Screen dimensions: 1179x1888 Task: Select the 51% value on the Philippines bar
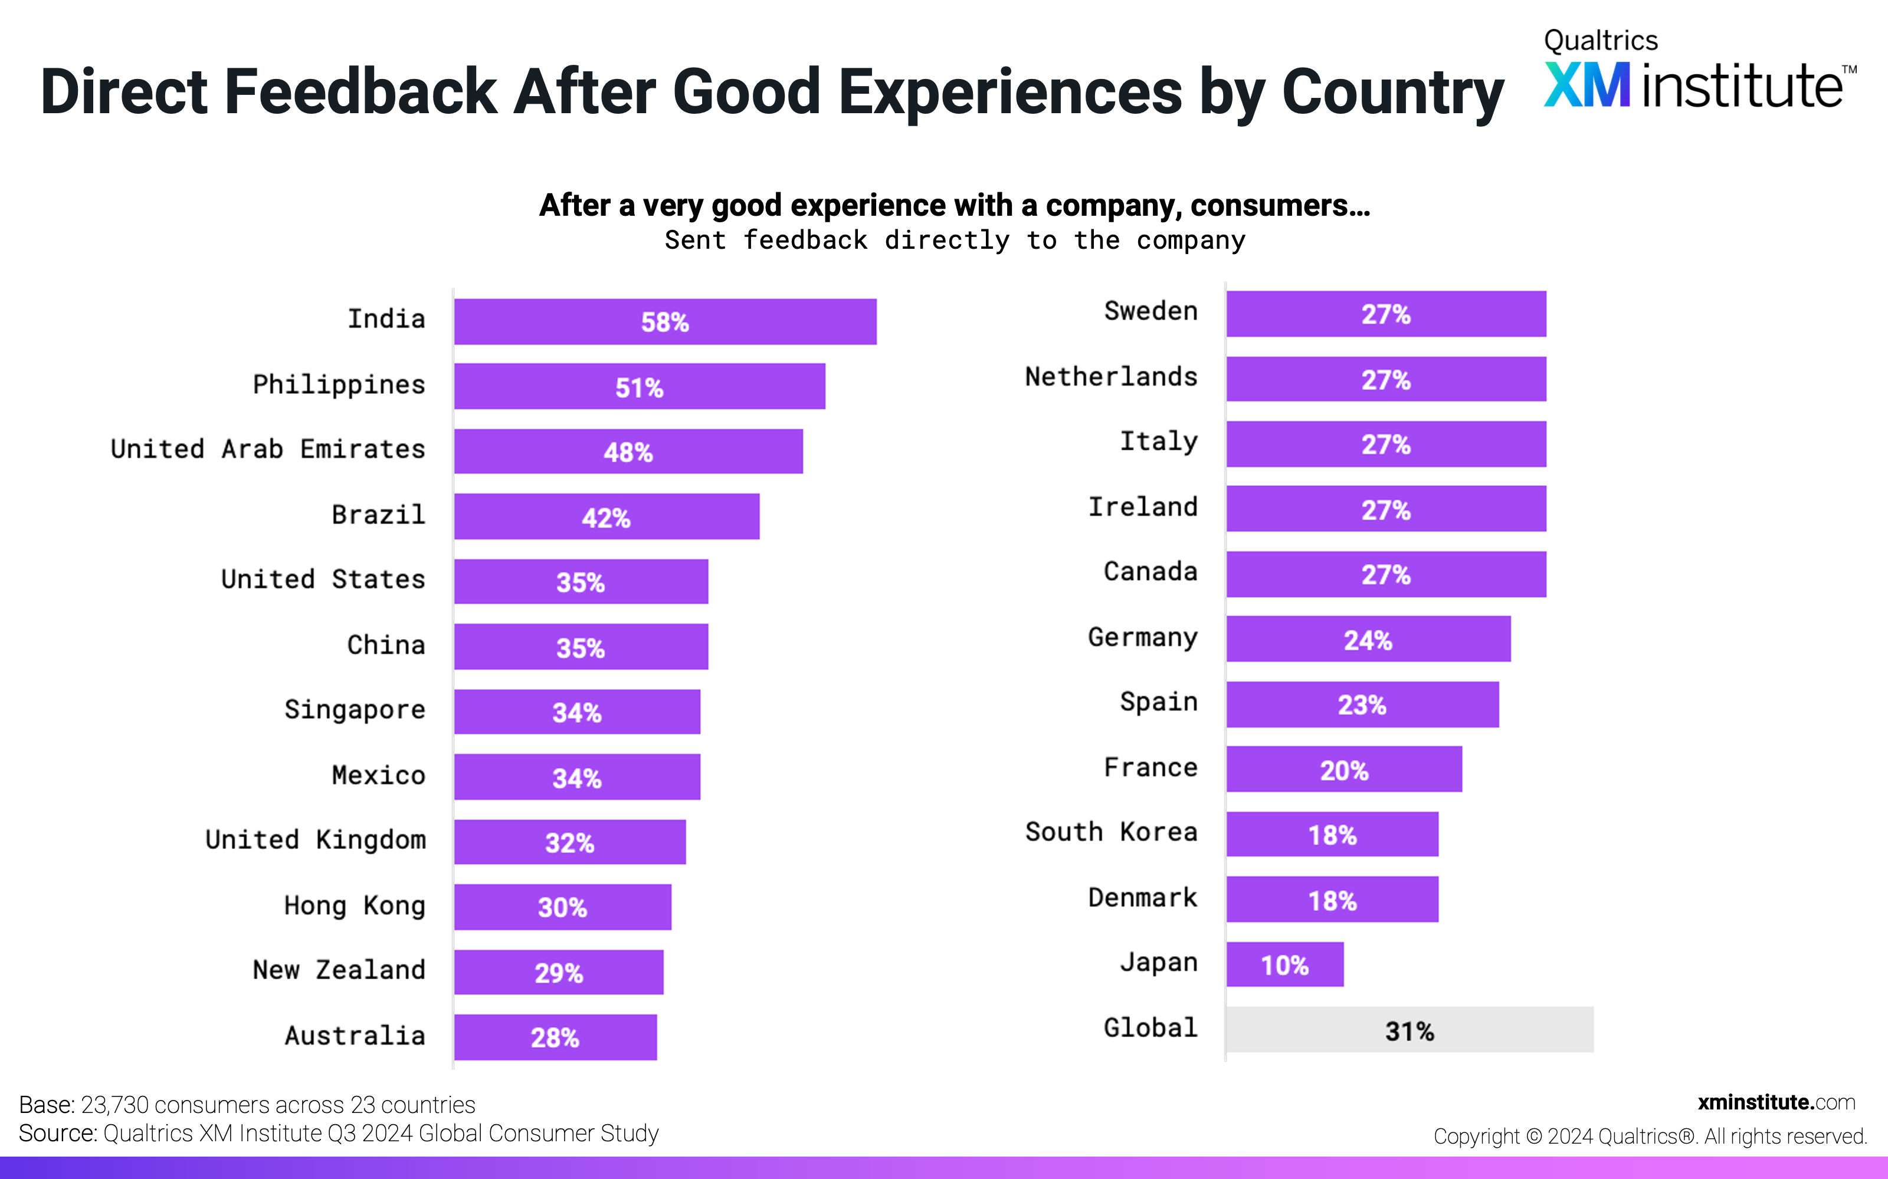639,387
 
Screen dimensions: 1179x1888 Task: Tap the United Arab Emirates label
268,449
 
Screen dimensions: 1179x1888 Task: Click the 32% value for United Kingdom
569,843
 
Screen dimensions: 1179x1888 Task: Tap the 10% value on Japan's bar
1284,966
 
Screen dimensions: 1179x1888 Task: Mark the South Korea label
1111,832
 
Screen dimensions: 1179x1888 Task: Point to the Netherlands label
1111,377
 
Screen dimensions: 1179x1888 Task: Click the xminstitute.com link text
1776,1102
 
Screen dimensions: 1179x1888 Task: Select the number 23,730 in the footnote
114,1105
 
